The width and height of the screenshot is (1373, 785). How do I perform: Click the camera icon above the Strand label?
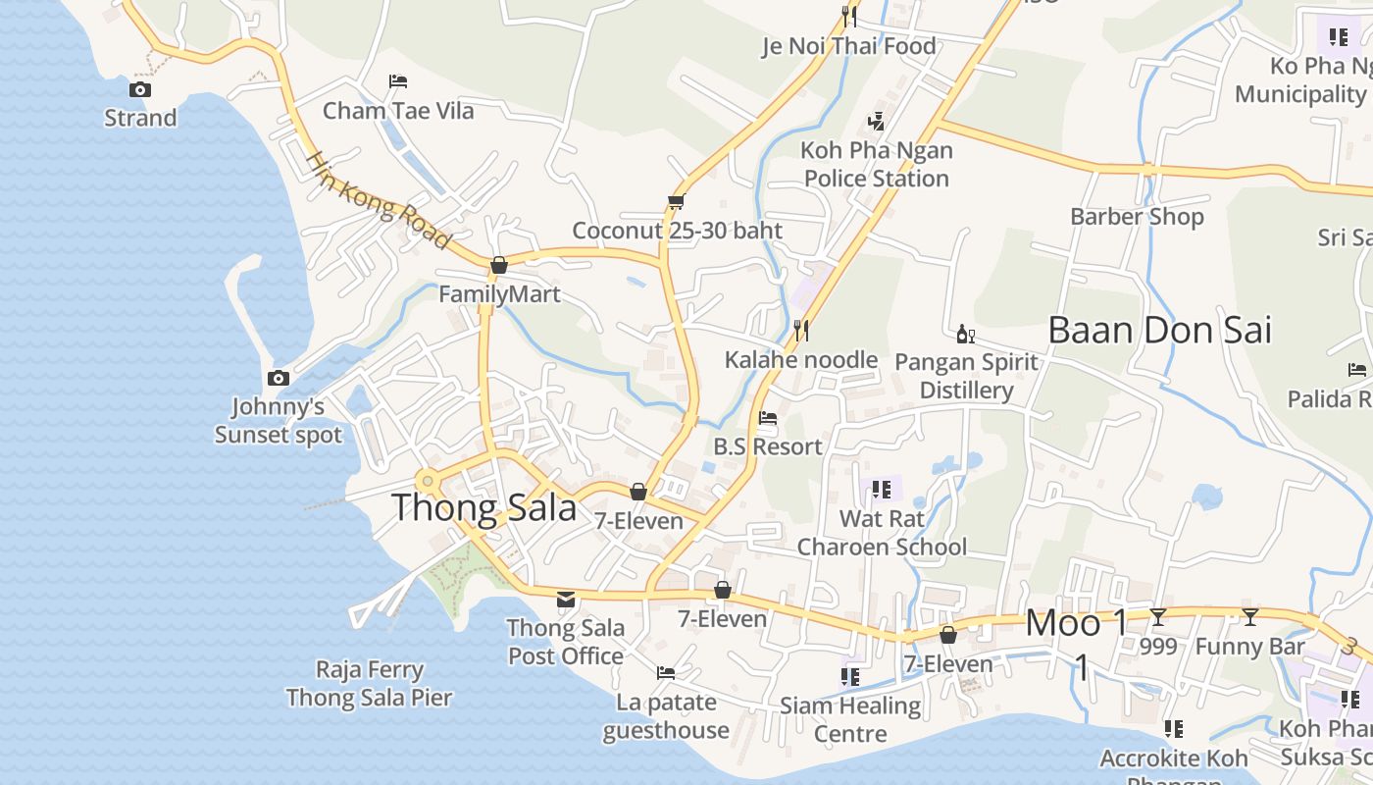coord(140,90)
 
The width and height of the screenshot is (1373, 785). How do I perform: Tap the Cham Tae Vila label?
coord(398,111)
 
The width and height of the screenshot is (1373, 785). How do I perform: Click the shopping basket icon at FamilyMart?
coord(499,265)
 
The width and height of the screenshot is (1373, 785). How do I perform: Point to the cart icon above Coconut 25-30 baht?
coord(676,202)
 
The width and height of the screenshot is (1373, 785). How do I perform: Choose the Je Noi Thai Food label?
coord(849,46)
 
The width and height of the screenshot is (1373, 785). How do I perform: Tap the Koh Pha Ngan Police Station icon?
coord(877,122)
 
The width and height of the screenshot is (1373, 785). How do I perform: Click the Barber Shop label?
coord(1137,217)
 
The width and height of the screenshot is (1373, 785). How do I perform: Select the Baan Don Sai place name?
coord(1159,331)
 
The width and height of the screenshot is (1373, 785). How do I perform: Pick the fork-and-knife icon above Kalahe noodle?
coord(801,330)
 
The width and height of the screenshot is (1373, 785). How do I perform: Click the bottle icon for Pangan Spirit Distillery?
coord(966,335)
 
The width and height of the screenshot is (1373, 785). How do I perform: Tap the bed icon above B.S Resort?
coord(768,418)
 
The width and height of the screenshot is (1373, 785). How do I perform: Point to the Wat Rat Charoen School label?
coord(882,533)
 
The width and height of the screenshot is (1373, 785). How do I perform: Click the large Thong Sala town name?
coord(484,508)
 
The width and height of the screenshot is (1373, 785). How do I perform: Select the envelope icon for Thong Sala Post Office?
coord(566,600)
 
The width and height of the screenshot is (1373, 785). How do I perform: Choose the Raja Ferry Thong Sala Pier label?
coord(369,684)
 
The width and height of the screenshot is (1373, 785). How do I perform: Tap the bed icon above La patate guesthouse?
coord(666,673)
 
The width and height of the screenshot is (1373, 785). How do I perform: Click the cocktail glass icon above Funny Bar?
coord(1249,617)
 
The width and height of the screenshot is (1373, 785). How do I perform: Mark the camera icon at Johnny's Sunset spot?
coord(279,378)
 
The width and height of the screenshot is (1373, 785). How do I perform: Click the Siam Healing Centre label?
coord(850,719)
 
